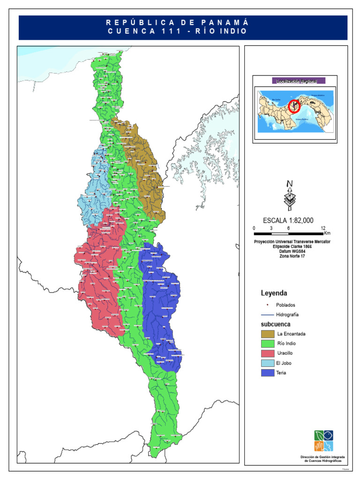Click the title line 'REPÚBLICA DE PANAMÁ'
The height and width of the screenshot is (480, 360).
click(177, 22)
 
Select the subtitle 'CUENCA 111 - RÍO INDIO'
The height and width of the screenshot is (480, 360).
click(177, 31)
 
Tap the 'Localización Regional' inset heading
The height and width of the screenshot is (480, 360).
click(295, 81)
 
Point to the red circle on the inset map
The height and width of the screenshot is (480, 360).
click(294, 106)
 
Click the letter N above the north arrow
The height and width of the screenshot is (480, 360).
click(290, 183)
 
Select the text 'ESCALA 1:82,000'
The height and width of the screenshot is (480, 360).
click(288, 221)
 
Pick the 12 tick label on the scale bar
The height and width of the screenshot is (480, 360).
click(323, 228)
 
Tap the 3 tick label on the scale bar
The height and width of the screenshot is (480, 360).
click(271, 228)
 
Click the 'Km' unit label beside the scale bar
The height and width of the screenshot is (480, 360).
click(327, 233)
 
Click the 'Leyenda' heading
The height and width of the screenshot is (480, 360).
click(274, 293)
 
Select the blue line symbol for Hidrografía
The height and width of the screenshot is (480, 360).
click(267, 315)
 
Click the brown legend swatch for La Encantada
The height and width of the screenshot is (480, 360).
click(267, 334)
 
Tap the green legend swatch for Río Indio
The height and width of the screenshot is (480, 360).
click(267, 344)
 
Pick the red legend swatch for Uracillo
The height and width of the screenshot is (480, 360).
click(267, 353)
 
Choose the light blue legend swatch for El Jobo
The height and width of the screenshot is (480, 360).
click(267, 363)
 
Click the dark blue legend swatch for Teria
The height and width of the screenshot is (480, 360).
click(267, 373)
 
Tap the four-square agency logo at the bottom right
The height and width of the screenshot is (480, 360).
click(324, 441)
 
